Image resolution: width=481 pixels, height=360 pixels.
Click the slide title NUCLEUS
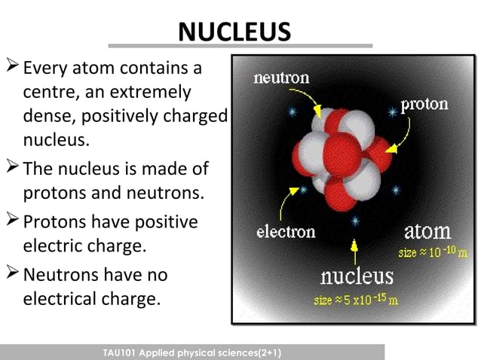point(234,32)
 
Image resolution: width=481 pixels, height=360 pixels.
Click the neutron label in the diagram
point(281,78)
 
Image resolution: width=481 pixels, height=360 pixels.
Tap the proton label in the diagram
point(424,104)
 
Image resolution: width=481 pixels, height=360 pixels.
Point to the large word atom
point(427,230)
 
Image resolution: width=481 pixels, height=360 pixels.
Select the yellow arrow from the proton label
point(401,134)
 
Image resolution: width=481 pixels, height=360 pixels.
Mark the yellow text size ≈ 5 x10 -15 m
point(357,300)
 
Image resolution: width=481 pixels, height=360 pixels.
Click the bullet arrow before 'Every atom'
point(13,69)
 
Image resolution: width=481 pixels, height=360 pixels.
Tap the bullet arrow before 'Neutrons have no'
point(13,274)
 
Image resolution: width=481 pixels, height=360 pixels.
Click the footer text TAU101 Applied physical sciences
point(192,352)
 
